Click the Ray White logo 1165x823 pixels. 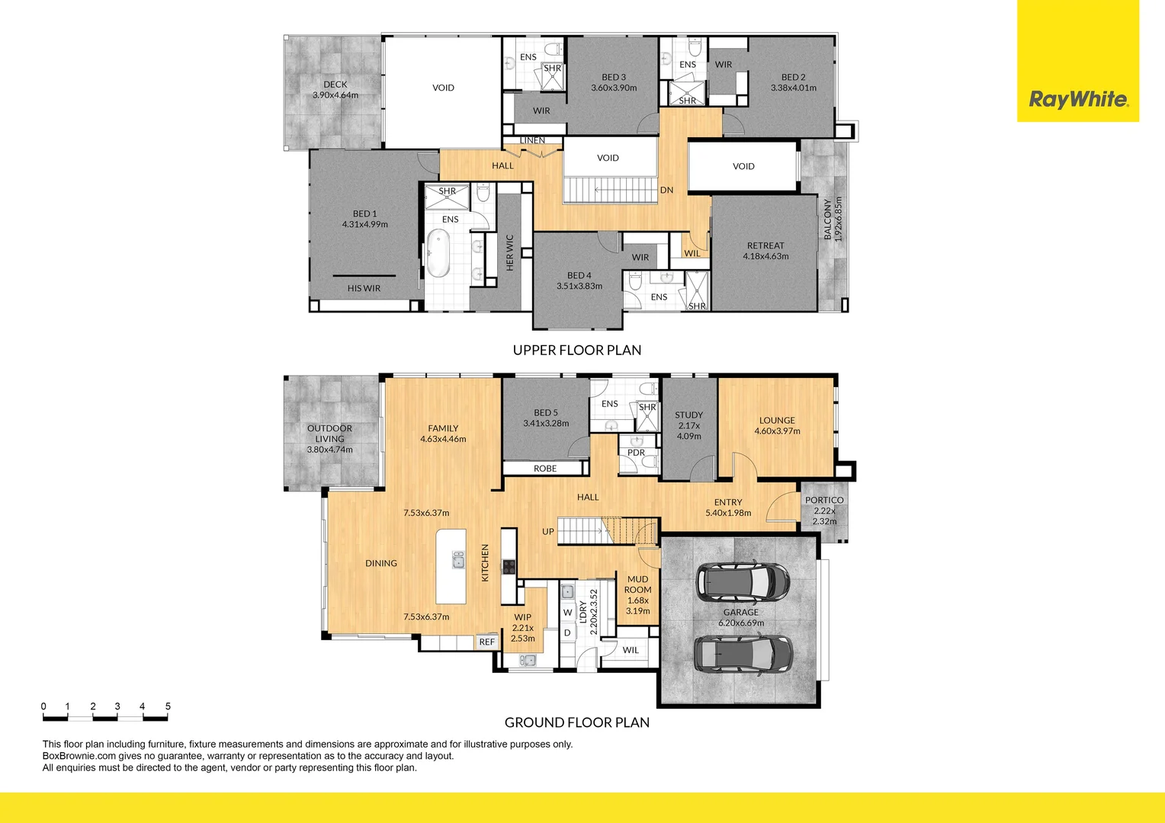1078,99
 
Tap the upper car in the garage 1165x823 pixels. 743,582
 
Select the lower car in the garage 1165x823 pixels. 743,654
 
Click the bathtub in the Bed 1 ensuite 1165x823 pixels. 438,255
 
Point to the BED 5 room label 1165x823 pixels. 546,412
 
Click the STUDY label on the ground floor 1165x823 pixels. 688,415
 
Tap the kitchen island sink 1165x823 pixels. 458,562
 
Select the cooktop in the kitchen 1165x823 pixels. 509,566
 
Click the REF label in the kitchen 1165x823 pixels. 486,642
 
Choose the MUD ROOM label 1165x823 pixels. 637,584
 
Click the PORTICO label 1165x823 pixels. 824,501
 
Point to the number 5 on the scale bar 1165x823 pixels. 168,706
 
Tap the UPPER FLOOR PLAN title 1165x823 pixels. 577,351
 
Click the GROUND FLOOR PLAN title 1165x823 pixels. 577,722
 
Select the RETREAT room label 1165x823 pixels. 765,245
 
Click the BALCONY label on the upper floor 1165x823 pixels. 828,220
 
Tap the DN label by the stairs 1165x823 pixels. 666,191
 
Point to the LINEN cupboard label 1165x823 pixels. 532,140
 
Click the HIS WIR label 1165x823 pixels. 364,288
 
